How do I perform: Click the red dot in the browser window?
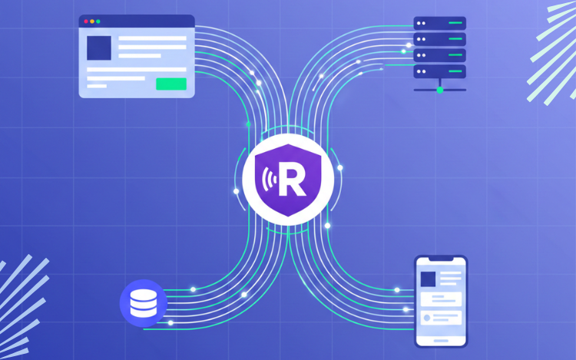[x=85, y=21]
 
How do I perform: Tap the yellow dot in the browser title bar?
[x=92, y=21]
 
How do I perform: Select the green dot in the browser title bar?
[x=99, y=21]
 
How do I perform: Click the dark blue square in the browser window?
[x=98, y=48]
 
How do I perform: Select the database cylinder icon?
[x=143, y=302]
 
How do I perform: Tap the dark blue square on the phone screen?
[x=428, y=279]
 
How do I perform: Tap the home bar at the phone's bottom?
[x=441, y=341]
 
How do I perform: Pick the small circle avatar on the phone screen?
[x=425, y=315]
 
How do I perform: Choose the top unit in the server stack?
[x=440, y=23]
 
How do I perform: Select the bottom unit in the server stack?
[x=440, y=71]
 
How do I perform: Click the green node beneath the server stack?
[x=440, y=90]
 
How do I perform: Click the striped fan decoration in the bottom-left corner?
[x=19, y=307]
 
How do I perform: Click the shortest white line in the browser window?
[x=97, y=86]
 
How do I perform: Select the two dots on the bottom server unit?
[x=422, y=71]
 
